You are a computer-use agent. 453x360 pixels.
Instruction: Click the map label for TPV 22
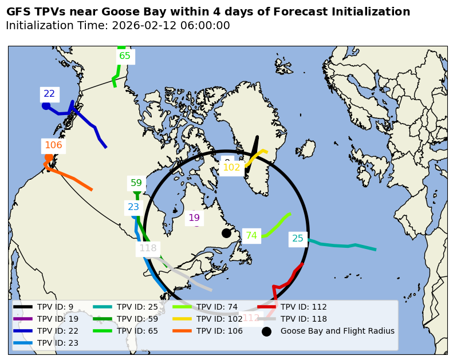(x=49, y=94)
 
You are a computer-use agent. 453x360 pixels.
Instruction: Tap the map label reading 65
(x=124, y=56)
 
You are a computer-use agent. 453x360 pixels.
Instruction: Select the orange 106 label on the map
(x=53, y=145)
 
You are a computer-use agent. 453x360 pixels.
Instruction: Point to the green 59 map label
(x=136, y=183)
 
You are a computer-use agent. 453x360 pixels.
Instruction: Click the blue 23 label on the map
(x=133, y=207)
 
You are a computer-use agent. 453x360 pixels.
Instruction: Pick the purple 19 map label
(x=194, y=217)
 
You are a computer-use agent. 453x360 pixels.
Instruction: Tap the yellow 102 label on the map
(x=231, y=168)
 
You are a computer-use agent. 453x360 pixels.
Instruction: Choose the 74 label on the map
(x=251, y=235)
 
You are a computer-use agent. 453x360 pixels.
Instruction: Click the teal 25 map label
(x=298, y=239)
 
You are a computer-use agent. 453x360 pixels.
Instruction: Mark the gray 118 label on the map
(x=148, y=248)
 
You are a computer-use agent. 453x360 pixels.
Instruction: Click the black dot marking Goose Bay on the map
(x=226, y=233)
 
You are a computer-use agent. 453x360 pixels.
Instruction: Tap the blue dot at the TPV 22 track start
(x=46, y=106)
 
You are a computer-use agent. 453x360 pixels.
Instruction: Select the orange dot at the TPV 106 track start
(x=49, y=158)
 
